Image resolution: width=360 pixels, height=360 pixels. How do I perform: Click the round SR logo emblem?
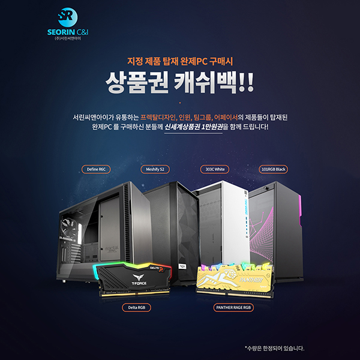[x=67, y=17]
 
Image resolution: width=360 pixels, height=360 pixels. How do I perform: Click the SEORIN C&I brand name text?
[x=68, y=32]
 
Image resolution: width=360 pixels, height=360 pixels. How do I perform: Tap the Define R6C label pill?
[x=96, y=169]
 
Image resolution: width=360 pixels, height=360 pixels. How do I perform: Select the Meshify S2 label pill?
[x=155, y=169]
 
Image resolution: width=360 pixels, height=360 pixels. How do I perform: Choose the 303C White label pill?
[x=215, y=169]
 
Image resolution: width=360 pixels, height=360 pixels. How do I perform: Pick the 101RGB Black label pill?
[x=273, y=169]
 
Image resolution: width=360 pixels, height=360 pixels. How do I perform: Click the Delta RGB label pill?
[x=136, y=308]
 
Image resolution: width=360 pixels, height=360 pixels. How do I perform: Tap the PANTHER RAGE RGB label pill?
[x=233, y=308]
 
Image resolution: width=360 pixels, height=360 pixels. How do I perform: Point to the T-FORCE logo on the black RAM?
[x=139, y=280]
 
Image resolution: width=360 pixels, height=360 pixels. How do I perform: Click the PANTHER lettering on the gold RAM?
[x=251, y=280]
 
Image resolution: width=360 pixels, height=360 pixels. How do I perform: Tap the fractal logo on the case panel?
[x=112, y=248]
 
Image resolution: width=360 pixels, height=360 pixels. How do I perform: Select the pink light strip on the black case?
[x=299, y=210]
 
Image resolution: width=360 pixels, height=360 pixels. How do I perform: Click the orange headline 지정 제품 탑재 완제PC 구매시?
[x=180, y=61]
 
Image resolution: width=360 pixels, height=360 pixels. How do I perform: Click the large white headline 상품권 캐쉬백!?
[x=180, y=82]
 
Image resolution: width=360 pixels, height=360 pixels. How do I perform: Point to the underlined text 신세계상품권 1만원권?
[x=193, y=127]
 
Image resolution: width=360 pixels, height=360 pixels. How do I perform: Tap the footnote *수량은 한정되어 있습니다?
[x=274, y=348]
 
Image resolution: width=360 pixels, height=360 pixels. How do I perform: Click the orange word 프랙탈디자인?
[x=158, y=118]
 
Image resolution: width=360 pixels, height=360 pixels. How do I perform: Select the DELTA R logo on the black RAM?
[x=157, y=268]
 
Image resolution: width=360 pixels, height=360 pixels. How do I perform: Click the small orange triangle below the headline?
[x=180, y=103]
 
